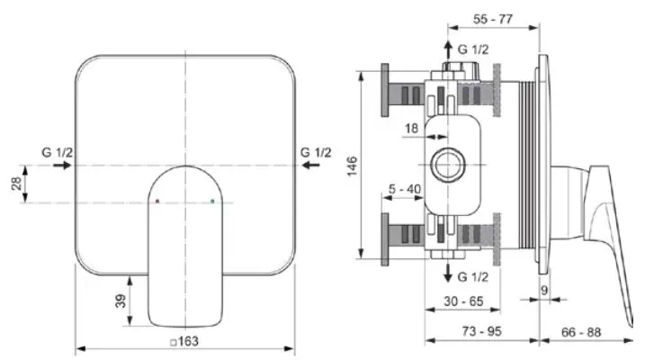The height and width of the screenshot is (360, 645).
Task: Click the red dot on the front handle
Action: pos(157,202)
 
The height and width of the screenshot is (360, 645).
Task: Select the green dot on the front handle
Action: pos(212,202)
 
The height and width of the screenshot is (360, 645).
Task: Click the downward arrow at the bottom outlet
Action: pos(447,274)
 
